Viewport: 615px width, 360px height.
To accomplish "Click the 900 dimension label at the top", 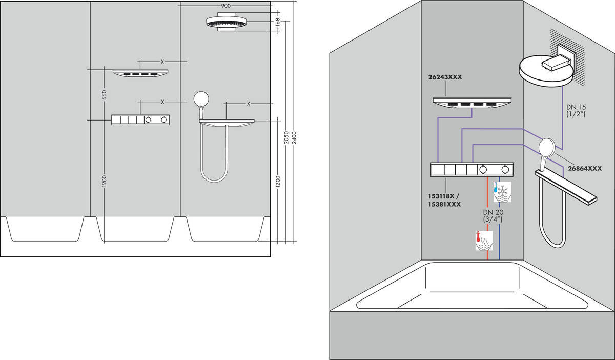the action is pos(225,6).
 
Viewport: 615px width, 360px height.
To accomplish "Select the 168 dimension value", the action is pos(278,22).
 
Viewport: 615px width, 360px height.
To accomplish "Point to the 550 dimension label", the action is pos(104,94).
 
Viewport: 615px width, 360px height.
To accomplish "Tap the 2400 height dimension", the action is pos(294,137).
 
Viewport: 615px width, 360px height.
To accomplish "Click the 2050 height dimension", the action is pos(286,137).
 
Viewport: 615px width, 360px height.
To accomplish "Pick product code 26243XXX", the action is pos(445,77).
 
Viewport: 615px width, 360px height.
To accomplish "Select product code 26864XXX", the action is pos(585,168).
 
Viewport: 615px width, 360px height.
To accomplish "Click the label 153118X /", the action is pos(443,196).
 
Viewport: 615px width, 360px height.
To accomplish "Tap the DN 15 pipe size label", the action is pos(576,107).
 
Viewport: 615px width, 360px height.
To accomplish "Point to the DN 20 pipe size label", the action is pos(494,212).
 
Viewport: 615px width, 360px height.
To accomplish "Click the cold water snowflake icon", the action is pos(502,192).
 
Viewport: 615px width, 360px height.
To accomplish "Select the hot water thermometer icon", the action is pos(484,241).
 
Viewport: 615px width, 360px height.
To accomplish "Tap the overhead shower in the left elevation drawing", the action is pos(226,22).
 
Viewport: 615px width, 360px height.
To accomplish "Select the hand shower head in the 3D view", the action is pos(547,147).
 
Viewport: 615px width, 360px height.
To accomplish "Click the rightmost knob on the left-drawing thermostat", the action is pos(164,120).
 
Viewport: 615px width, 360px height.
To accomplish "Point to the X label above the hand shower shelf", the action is pos(249,104).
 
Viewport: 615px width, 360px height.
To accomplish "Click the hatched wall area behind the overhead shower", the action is pos(567,58).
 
